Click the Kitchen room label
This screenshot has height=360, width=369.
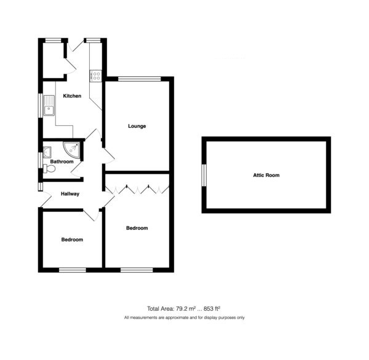(x=72, y=96)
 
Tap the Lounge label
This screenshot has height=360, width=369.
(x=137, y=126)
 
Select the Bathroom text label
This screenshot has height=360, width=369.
(x=61, y=162)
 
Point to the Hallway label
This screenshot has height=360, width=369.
(x=70, y=194)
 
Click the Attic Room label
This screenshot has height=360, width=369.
(x=266, y=175)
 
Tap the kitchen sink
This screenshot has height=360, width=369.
(x=49, y=106)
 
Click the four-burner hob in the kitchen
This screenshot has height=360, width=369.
(x=96, y=76)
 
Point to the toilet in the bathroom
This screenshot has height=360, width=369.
(x=49, y=168)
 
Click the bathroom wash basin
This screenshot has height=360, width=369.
(x=47, y=152)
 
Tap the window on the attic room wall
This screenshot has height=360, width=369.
(x=204, y=176)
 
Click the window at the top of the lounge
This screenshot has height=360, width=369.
(x=140, y=79)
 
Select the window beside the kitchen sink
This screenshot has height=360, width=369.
(x=41, y=105)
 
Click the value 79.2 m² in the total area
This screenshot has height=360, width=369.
(x=184, y=308)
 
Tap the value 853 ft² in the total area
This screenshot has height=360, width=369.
(x=212, y=308)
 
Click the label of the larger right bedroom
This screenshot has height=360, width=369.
(x=137, y=228)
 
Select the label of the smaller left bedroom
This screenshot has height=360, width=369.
(x=72, y=240)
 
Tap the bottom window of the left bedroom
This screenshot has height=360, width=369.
(x=73, y=270)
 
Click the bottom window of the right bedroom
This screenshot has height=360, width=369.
(x=137, y=270)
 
